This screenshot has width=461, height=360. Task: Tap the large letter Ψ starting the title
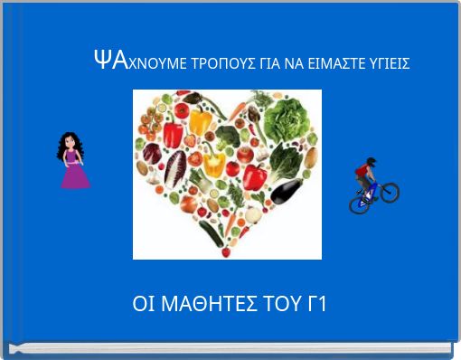pyautogui.click(x=101, y=61)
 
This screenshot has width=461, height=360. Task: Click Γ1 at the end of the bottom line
pyautogui.click(x=316, y=304)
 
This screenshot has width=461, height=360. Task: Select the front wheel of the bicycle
pyautogui.click(x=389, y=192)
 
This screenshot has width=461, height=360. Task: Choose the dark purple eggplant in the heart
pyautogui.click(x=287, y=191)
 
